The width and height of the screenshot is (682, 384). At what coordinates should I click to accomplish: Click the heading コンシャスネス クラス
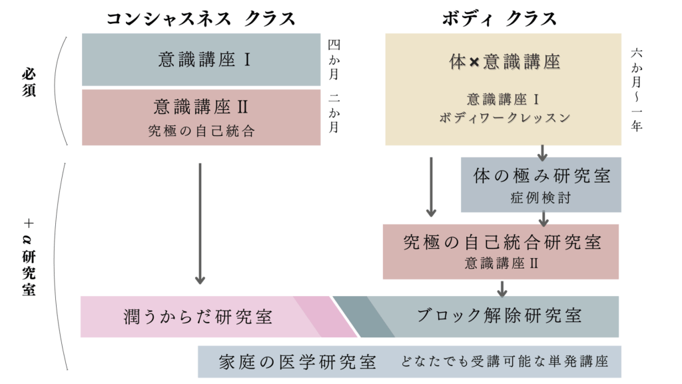(x=200, y=18)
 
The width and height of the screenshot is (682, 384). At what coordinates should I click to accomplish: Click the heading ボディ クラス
(x=499, y=18)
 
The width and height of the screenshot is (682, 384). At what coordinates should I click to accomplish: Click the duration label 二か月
(x=334, y=113)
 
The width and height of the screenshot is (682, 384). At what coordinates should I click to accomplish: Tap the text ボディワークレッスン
(x=504, y=117)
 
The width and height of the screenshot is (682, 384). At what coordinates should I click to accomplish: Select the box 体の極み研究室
(x=541, y=185)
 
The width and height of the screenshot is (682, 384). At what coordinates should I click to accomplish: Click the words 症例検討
(x=541, y=198)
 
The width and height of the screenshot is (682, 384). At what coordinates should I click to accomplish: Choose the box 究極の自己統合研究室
(x=501, y=251)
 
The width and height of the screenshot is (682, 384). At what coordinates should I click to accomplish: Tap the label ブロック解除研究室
(x=499, y=315)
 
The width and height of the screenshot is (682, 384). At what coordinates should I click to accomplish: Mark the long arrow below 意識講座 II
(x=200, y=223)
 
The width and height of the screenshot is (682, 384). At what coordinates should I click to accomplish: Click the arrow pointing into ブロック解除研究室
(x=502, y=289)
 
